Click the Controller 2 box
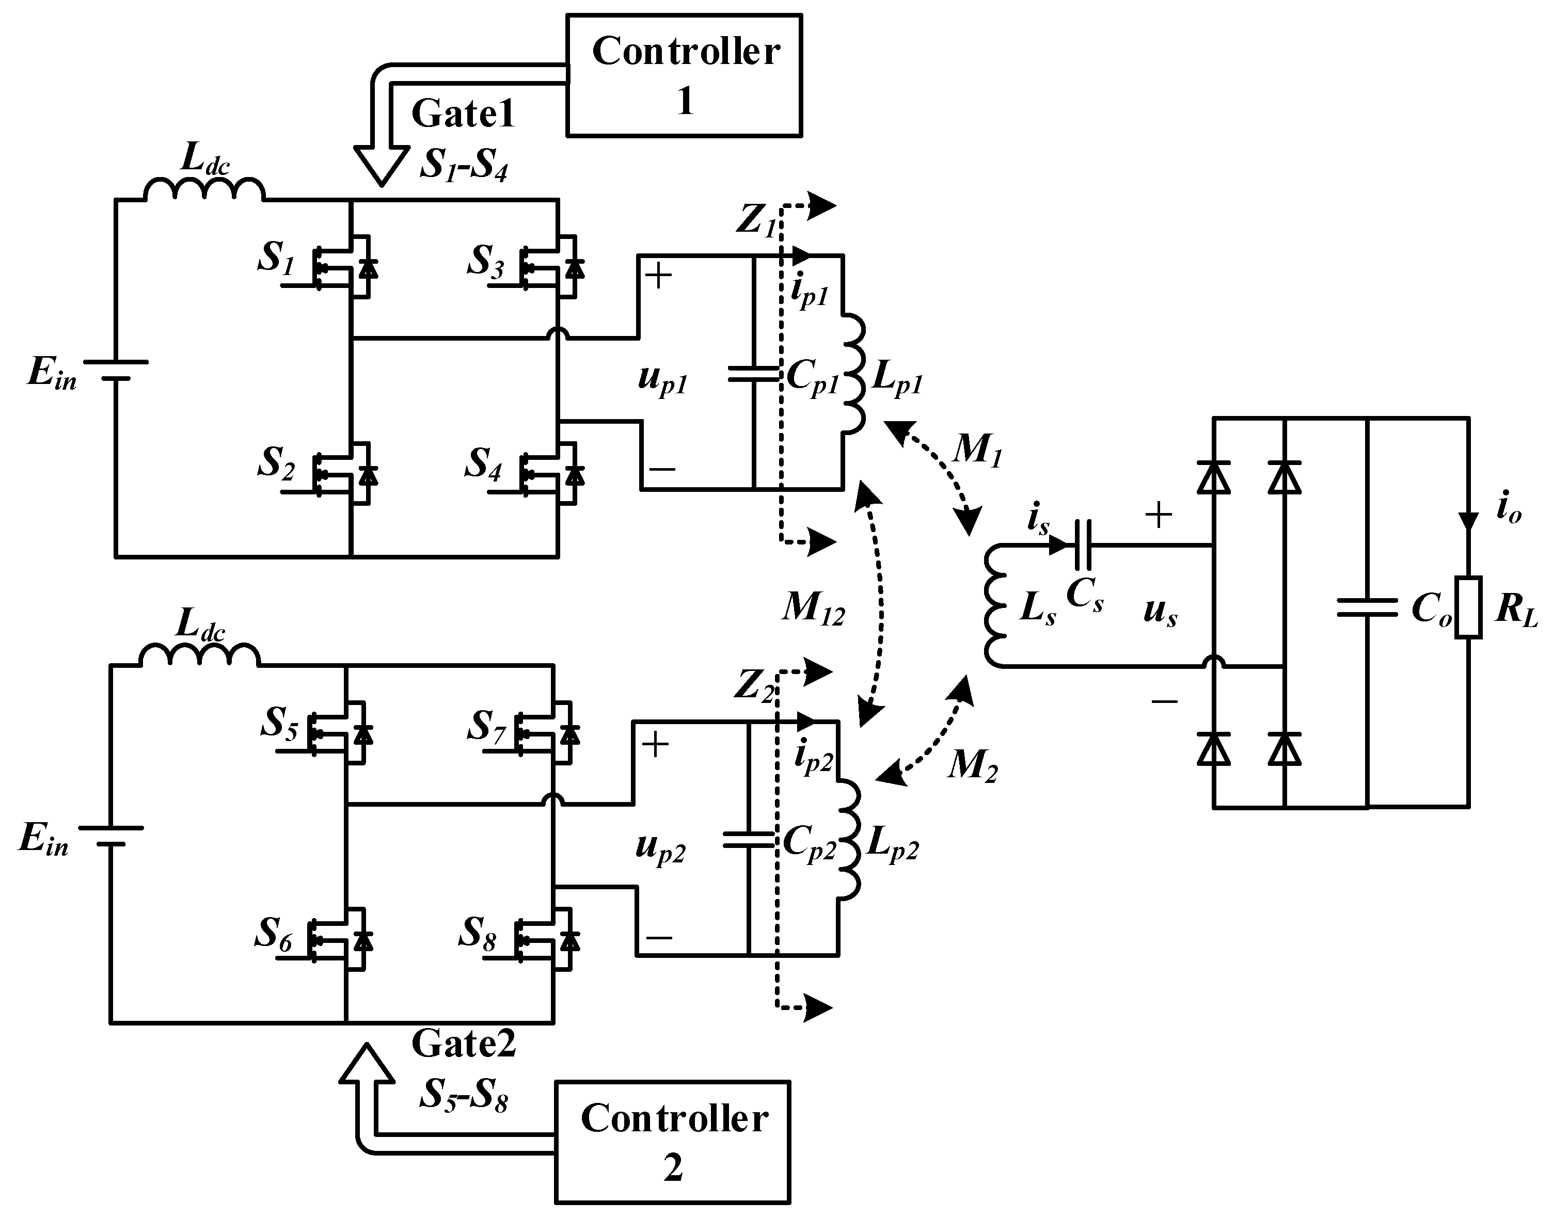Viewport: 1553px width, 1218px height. (x=672, y=1142)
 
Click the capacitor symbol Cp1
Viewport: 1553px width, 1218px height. (x=753, y=374)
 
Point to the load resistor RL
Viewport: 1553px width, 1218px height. (x=1468, y=607)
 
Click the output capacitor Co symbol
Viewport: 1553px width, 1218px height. (x=1367, y=607)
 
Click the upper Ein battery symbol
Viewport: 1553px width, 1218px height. (x=116, y=370)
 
